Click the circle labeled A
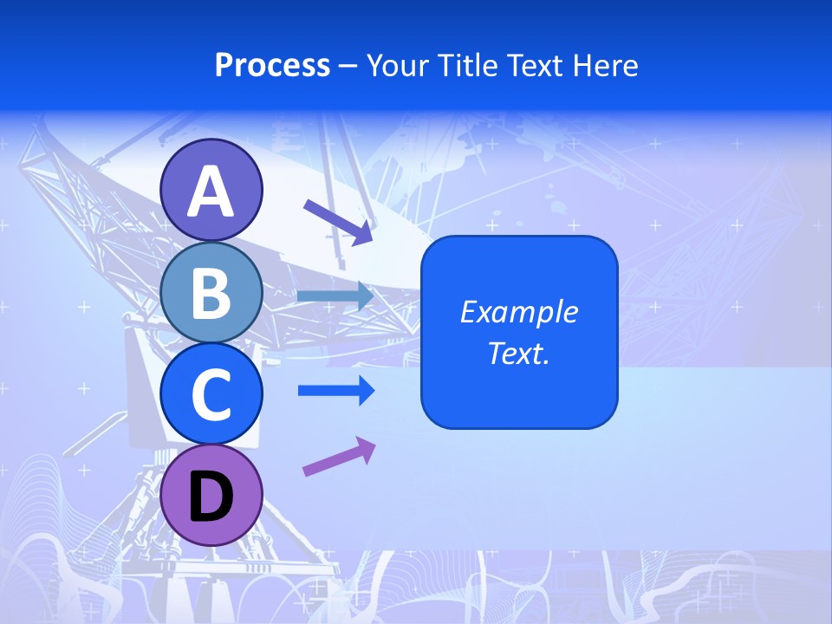(211, 190)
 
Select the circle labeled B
(211, 293)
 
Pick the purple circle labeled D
(211, 495)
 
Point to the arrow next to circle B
(335, 296)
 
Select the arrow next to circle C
(335, 391)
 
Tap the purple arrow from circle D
(339, 456)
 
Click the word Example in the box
(519, 312)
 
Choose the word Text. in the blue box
(519, 353)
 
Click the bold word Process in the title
(272, 66)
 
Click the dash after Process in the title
(348, 67)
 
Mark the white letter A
(211, 192)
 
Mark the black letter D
(211, 497)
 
